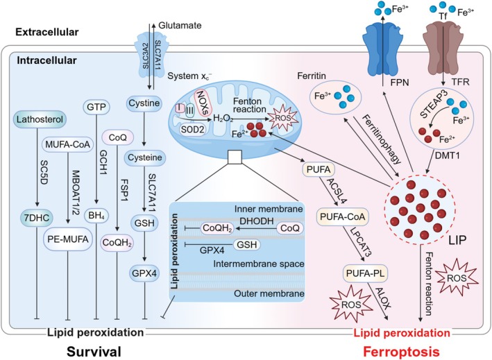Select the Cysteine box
[x=148, y=158]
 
